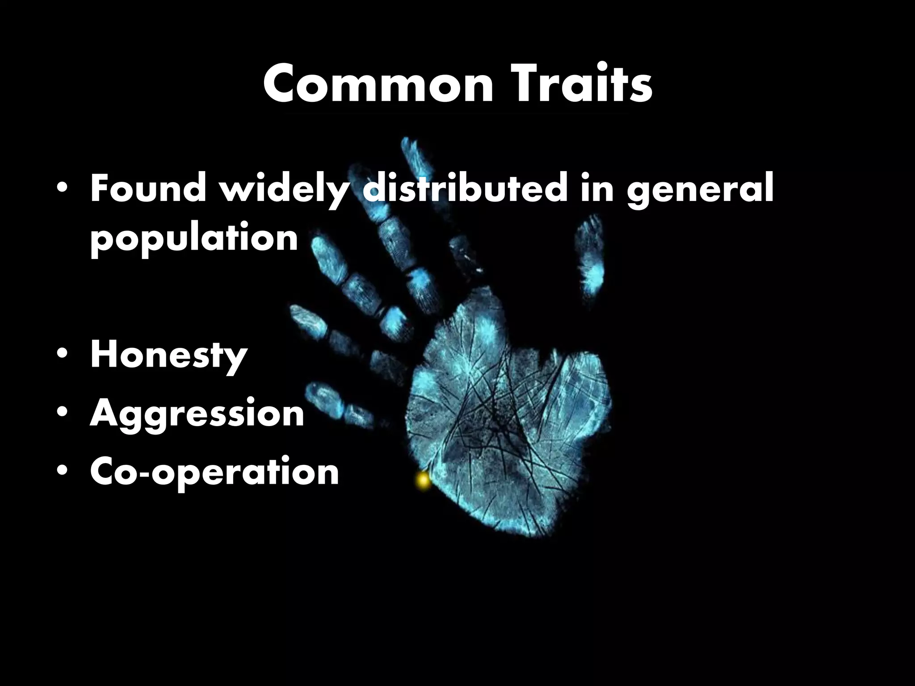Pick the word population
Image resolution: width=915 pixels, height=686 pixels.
pyautogui.click(x=194, y=239)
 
